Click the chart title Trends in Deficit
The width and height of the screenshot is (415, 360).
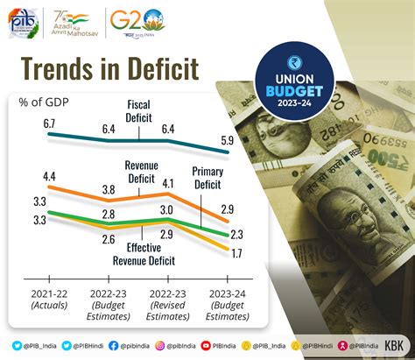click(109, 70)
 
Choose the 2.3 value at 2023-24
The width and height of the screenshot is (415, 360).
click(236, 234)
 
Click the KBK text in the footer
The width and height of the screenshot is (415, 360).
click(395, 347)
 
